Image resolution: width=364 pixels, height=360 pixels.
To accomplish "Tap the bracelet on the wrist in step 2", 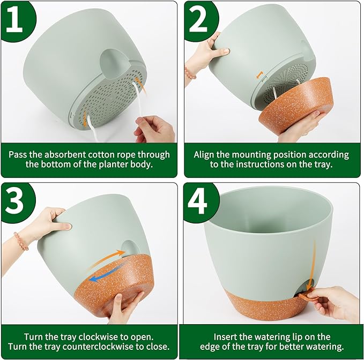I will [190, 72].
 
